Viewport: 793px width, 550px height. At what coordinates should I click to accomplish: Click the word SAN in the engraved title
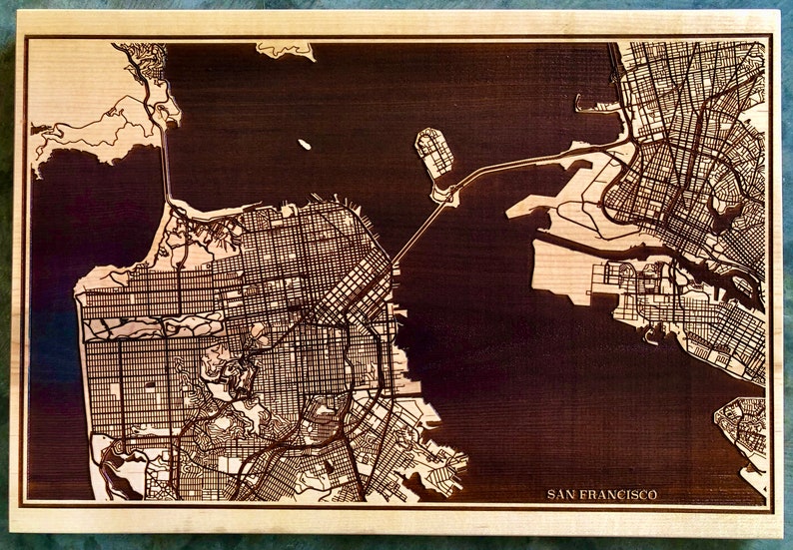(561, 494)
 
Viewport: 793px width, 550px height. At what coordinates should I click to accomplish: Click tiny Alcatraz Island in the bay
(304, 145)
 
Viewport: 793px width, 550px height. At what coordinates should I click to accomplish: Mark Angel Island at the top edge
(284, 49)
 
